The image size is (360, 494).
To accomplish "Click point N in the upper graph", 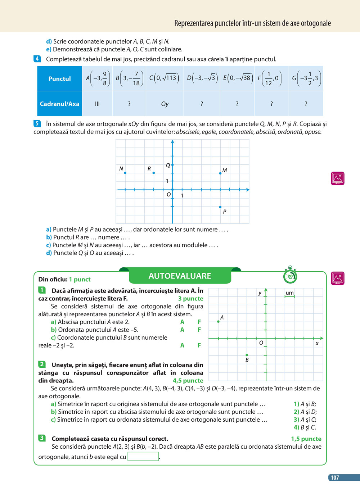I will coord(125,173).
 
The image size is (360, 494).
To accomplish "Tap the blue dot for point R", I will coord(154,173).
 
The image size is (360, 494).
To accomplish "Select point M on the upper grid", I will coord(220,173).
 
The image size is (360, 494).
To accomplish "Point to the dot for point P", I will coord(220,207).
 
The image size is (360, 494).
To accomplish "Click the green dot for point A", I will coord(219,321).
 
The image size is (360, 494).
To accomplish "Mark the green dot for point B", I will coord(247,355).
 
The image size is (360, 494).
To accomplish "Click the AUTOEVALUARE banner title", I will coord(180,276).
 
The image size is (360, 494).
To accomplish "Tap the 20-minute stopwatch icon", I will coord(290,276).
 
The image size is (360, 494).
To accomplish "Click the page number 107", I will coord(335,477).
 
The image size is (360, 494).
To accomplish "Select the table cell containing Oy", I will coord(165,104).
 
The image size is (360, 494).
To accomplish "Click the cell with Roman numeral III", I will coord(97,104).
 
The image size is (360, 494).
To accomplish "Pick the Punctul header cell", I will coord(60,78).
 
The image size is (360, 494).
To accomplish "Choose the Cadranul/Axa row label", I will coord(60,104).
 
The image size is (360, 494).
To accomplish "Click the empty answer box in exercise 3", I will coord(143,457).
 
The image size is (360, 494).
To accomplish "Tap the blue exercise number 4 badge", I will coord(37,59).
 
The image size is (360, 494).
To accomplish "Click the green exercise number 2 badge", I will coord(42,364).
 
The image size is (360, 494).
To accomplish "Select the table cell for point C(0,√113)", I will coord(165,78).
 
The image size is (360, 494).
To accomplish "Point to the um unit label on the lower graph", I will coord(289,293).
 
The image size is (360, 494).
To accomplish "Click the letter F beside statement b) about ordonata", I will coord(199,330).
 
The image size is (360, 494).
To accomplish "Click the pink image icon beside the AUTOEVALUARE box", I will coord(338,278).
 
